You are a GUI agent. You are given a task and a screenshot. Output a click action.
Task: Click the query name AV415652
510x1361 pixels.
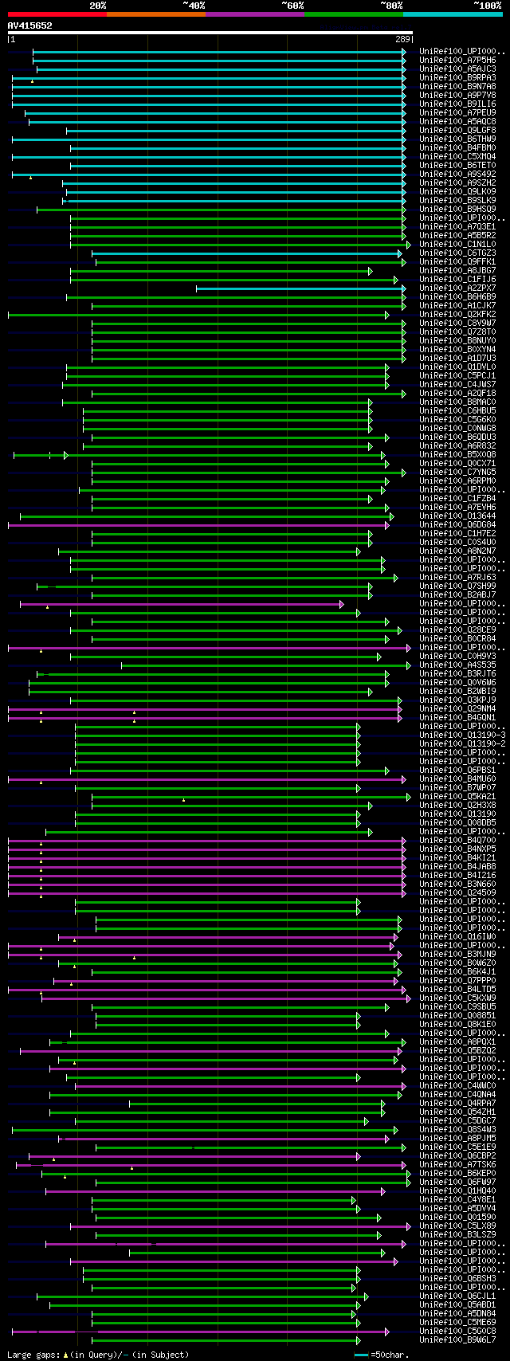[x=29, y=25]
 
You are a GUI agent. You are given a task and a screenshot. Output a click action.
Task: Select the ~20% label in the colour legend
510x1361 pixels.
[x=97, y=6]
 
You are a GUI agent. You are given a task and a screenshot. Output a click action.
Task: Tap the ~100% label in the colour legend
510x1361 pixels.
[x=487, y=6]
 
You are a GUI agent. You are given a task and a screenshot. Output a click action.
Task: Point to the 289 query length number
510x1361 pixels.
[x=402, y=39]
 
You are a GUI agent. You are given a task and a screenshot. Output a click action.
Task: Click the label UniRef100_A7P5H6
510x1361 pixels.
[x=458, y=60]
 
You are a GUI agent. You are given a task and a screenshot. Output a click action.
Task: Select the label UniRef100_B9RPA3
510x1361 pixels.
[x=458, y=77]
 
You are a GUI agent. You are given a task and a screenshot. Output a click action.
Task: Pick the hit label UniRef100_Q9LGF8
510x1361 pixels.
[x=458, y=130]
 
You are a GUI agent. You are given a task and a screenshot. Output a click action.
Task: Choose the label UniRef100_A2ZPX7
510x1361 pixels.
[x=458, y=288]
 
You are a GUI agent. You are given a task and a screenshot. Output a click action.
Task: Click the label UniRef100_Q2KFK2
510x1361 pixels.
[x=458, y=314]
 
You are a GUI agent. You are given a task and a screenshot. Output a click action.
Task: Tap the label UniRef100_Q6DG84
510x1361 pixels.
[x=458, y=524]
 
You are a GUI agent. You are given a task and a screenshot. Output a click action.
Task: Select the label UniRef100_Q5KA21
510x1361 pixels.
[x=458, y=796]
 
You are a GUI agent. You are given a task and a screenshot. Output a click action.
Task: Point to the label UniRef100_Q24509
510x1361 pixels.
[x=458, y=892]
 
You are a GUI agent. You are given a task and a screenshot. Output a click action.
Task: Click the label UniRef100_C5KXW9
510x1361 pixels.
[x=458, y=998]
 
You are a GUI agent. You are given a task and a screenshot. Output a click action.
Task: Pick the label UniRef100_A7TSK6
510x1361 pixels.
[x=458, y=1164]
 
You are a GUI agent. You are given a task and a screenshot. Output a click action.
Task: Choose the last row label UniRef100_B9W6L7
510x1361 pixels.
[x=458, y=1339]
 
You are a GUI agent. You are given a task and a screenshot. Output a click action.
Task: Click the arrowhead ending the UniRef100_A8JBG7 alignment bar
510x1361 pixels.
[x=371, y=271]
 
